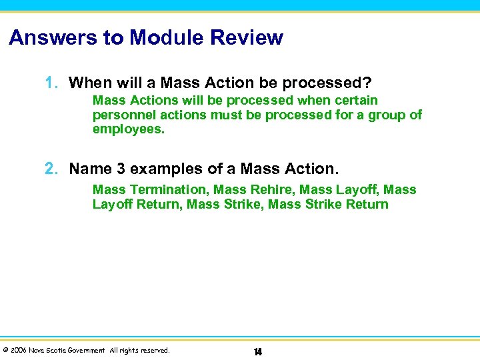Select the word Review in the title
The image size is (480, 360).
250,37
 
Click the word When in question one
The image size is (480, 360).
89,83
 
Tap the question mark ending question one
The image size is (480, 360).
367,83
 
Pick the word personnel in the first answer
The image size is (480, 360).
123,115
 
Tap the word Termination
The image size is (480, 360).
168,190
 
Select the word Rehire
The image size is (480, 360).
275,190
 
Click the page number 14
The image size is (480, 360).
257,351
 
